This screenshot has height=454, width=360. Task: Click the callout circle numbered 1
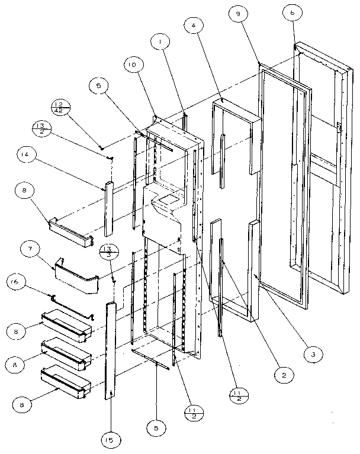tap(159, 43)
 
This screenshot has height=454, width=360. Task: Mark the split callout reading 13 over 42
tap(60, 107)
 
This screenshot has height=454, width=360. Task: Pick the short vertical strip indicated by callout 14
tap(108, 209)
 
